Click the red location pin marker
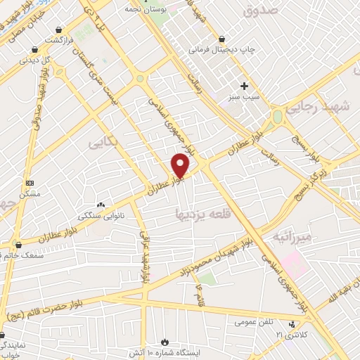(x=181, y=166)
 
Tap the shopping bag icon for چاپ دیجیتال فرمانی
(x=222, y=39)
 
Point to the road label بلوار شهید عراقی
(x=144, y=257)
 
